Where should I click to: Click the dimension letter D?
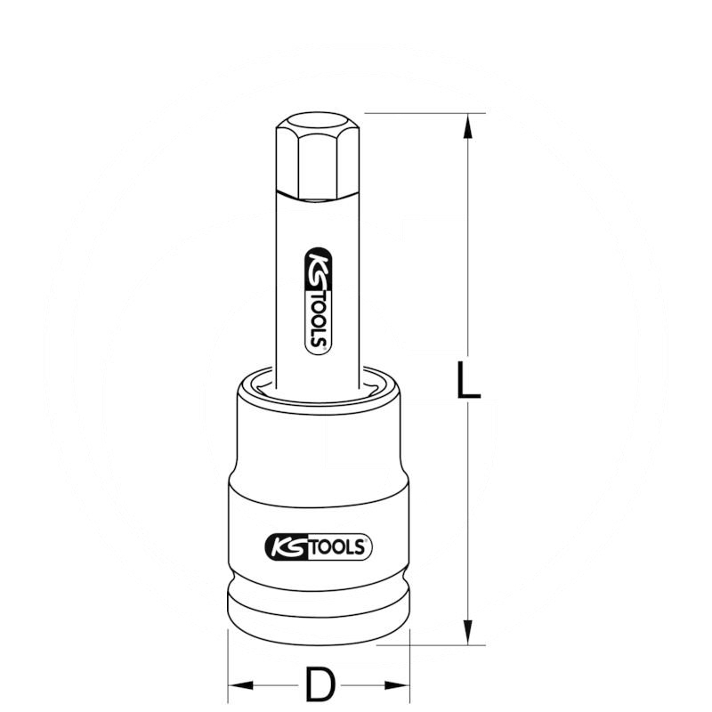[321, 685]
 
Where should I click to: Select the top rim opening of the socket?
[320, 379]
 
